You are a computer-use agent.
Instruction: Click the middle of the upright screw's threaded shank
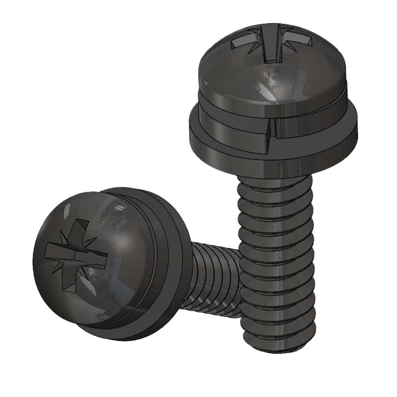point(278,263)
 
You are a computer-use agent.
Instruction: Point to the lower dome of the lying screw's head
point(89,308)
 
